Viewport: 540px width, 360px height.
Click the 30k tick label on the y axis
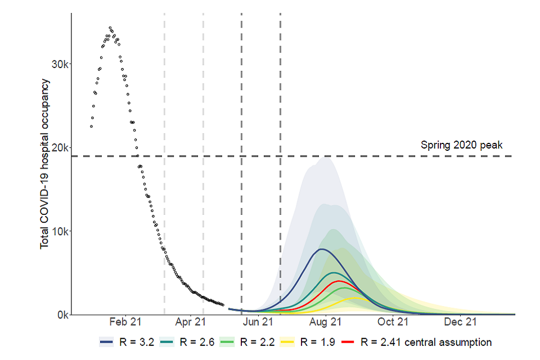pos(59,64)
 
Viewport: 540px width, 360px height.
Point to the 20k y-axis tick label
pos(59,147)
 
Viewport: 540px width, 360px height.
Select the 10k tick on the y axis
pos(59,231)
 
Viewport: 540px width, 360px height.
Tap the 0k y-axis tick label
pos(61,315)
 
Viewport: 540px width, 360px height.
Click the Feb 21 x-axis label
pos(125,322)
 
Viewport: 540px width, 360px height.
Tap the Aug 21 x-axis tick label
pos(326,322)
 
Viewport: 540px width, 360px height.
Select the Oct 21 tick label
pos(393,322)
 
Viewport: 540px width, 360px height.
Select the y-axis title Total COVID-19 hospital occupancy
pos(45,164)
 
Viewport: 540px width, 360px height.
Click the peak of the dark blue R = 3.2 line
pos(321,249)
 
